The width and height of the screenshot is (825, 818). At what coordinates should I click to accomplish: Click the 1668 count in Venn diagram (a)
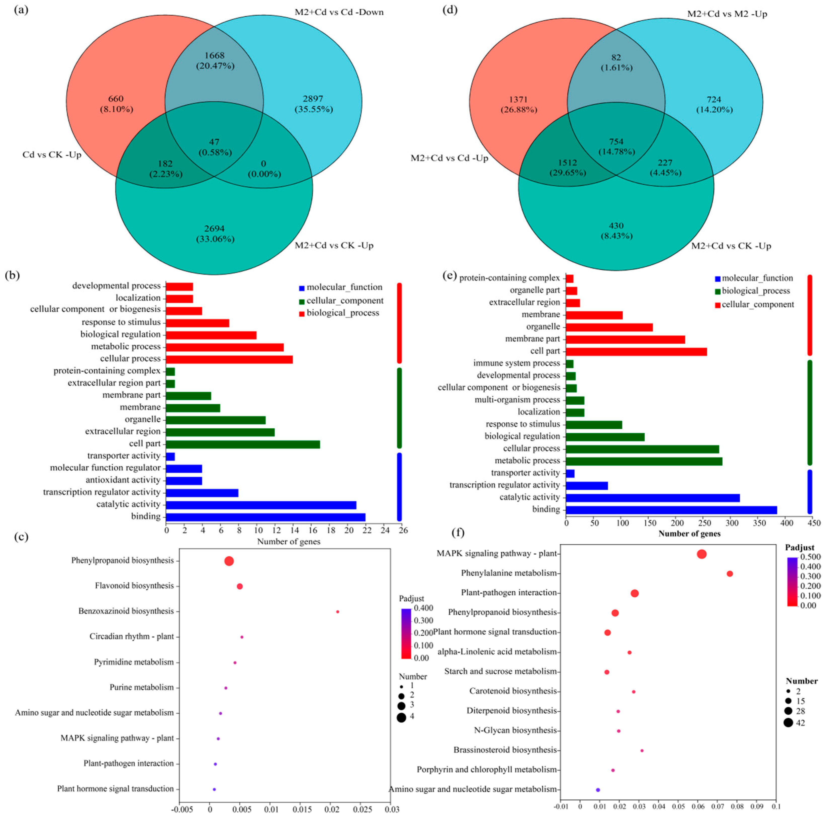[215, 56]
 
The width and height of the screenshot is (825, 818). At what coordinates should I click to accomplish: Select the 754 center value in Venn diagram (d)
[616, 141]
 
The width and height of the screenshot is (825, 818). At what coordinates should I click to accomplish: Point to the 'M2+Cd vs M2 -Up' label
[727, 14]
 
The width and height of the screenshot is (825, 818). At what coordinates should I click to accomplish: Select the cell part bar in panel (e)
[636, 352]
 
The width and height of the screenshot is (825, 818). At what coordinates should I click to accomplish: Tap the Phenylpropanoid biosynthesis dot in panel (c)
[229, 561]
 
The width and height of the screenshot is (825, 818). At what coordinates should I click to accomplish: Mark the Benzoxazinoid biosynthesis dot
[337, 612]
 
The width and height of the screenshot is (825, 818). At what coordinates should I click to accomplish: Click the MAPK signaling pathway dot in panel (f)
[702, 554]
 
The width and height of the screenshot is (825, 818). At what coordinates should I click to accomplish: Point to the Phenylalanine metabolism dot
[730, 574]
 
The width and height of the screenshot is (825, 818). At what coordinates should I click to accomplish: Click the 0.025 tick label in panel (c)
[361, 809]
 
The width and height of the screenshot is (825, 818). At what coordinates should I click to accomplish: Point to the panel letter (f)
[458, 533]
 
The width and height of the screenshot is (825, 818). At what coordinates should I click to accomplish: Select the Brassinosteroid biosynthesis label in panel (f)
[505, 750]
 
